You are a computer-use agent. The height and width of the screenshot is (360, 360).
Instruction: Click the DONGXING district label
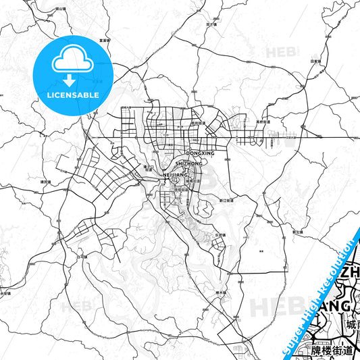[x=199, y=154]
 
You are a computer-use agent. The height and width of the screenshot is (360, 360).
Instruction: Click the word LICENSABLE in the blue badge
[x=74, y=95]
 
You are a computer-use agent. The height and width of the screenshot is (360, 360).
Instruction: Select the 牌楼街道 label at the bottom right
[x=333, y=351]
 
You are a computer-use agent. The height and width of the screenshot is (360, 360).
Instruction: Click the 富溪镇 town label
[x=105, y=39]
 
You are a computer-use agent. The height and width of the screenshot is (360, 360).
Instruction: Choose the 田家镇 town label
[x=314, y=61]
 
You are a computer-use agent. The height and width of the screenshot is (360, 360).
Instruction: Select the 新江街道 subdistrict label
[x=226, y=201]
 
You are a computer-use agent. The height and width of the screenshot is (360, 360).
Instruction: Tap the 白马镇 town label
[x=83, y=257]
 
